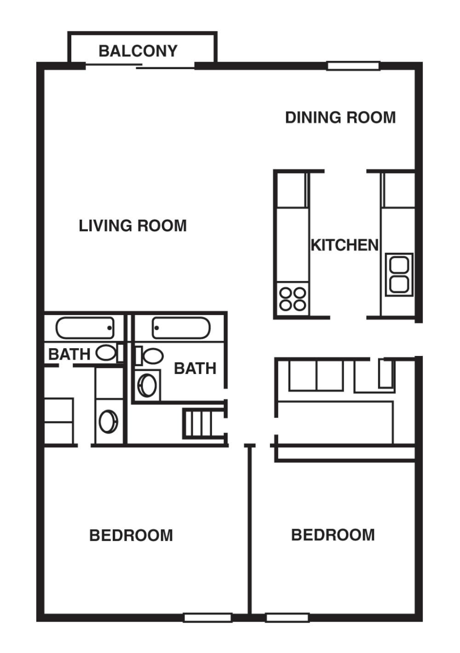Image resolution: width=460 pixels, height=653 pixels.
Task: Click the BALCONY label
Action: pos(138,51)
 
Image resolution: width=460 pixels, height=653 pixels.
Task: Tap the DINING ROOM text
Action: pos(340,117)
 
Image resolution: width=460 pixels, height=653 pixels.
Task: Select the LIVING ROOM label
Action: pos(133,226)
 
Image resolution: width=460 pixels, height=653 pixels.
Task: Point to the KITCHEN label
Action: pos(345,245)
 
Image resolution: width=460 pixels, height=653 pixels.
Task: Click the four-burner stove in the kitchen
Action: pos(293,299)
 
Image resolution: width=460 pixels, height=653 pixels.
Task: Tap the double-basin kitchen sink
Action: pos(399,274)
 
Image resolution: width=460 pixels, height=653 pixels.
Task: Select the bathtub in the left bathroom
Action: pos(85,328)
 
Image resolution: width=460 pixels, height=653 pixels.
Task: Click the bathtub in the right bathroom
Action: pos(181,328)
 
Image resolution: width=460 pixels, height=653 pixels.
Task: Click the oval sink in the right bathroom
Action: pos(148,385)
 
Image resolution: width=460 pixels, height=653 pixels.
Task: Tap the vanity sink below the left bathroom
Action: pos(109,421)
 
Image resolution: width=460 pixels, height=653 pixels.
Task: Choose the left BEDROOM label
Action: pos(131,535)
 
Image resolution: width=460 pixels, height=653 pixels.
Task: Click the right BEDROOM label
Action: pos(333,535)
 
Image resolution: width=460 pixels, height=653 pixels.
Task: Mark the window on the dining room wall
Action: pos(353,66)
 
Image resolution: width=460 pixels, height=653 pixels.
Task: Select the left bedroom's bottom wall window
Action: pos(207,618)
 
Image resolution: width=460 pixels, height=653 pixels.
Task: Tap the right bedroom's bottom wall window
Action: pos(287,618)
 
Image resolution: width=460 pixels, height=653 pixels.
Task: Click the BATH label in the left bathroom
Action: pos(69,354)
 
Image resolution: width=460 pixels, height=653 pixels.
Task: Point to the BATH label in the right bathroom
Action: pos(195,368)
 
